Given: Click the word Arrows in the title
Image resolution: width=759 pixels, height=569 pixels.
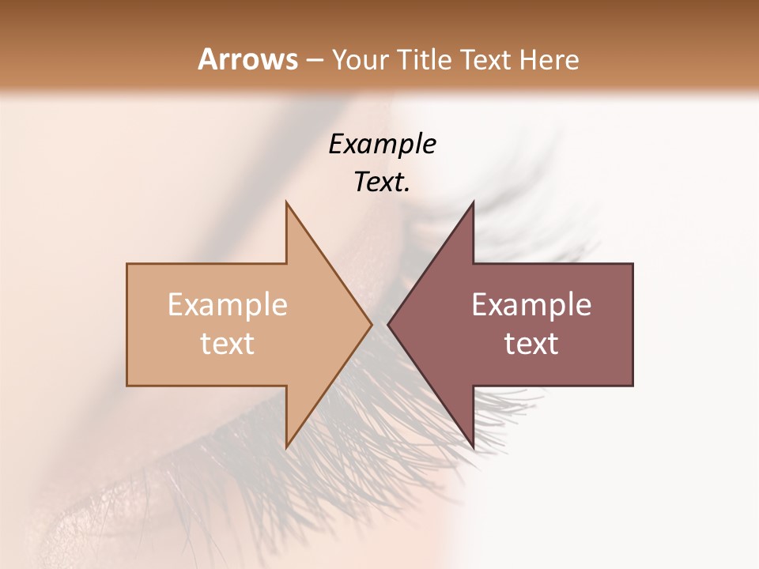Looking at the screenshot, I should coord(247,59).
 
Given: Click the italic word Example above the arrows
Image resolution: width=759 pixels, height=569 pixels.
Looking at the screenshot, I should coord(382,144).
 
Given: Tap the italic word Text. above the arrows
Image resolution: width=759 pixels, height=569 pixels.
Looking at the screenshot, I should coord(382,183).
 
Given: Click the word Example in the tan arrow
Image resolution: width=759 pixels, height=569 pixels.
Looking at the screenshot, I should coord(228,305).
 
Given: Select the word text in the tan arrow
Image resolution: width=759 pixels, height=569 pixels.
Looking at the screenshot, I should coord(228,344).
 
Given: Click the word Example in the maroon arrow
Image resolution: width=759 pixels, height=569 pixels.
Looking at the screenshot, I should coord(531,305).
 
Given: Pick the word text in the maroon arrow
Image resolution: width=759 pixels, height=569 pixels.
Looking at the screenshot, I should coord(531,344).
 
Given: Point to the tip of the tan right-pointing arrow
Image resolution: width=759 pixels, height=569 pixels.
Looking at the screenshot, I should coord(372,324).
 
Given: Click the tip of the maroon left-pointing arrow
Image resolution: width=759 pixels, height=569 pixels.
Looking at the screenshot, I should coord(387,324).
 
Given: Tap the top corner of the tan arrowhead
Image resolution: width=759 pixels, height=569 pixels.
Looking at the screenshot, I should coord(286,202).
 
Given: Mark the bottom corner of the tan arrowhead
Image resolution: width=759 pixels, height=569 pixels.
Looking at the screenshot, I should coord(286,448).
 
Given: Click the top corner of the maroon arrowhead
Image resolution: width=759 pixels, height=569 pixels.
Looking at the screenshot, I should coord(474,202).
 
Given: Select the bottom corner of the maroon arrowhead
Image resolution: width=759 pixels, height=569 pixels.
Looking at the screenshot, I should coord(474,448).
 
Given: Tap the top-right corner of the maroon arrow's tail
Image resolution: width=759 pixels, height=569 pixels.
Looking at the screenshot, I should coord(632,263).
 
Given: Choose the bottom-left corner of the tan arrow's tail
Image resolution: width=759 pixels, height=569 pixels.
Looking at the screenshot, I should coord(127,386).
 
